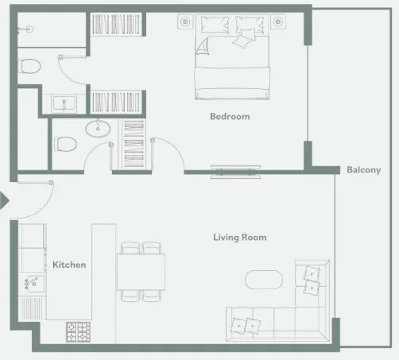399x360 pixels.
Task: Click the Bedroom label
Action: pyautogui.click(x=230, y=117)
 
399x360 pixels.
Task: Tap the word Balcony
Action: pyautogui.click(x=364, y=169)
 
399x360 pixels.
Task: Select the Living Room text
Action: pyautogui.click(x=239, y=237)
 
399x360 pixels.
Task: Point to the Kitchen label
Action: pyautogui.click(x=69, y=265)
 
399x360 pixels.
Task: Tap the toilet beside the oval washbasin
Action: pyautogui.click(x=67, y=144)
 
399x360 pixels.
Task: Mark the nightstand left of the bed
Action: pyautogui.click(x=185, y=21)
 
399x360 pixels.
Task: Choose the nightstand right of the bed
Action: pyautogui.click(x=278, y=21)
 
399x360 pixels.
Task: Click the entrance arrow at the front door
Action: pyautogui.click(x=4, y=203)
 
